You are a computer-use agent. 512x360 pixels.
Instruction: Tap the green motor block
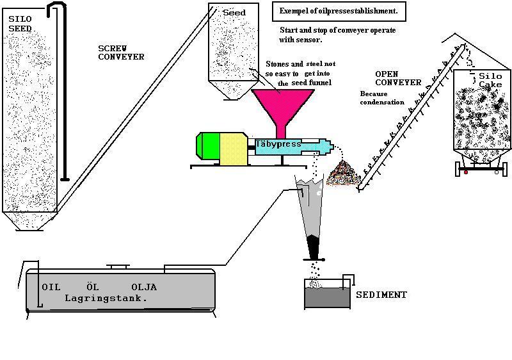209,148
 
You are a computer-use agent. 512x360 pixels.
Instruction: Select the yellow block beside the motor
234,149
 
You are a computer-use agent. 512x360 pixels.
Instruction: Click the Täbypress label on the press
278,144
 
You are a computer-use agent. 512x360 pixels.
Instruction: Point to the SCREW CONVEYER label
120,53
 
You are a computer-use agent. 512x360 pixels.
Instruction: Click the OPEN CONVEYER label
397,78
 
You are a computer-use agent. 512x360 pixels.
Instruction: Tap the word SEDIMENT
381,295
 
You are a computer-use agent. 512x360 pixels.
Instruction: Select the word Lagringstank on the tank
106,299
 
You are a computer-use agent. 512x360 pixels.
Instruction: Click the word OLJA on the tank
143,287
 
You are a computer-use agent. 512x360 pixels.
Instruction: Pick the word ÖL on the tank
92,287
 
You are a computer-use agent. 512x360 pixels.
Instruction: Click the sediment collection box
326,297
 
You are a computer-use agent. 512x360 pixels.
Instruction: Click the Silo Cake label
490,80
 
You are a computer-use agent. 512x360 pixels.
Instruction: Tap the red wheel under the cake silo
466,172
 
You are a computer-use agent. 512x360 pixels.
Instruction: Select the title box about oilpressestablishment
339,11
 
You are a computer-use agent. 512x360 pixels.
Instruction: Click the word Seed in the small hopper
234,13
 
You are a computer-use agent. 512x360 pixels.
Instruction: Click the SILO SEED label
20,24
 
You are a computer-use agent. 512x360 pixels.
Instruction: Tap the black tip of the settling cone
314,247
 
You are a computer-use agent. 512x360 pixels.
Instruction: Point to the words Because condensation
382,97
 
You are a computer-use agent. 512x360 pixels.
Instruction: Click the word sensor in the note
309,40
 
